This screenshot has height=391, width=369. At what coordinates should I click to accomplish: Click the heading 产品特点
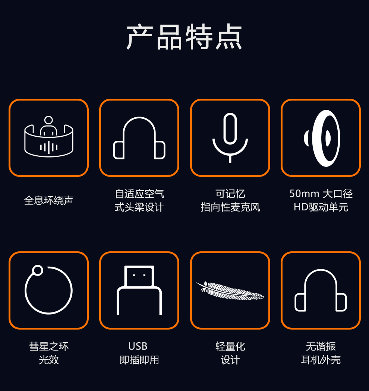click(184, 37)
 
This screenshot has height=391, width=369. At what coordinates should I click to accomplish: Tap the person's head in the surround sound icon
click(48, 120)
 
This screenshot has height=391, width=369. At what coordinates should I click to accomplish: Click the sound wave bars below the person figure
click(49, 147)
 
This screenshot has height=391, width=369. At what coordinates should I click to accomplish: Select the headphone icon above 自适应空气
click(139, 138)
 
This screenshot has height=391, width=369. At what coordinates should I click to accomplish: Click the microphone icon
click(230, 138)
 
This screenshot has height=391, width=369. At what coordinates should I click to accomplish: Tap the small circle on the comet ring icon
click(38, 270)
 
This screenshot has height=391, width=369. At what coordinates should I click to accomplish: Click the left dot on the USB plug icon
click(134, 275)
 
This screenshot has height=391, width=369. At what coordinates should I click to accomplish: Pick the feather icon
click(230, 290)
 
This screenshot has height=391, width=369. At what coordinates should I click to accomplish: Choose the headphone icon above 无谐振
click(321, 290)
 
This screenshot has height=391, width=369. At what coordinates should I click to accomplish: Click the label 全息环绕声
click(49, 200)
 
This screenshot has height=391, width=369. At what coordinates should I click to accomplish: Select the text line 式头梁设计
click(139, 207)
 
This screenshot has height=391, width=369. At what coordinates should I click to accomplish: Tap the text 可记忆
click(230, 194)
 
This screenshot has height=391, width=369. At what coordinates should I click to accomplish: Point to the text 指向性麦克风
click(230, 207)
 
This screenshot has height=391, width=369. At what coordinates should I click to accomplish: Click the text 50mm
click(305, 194)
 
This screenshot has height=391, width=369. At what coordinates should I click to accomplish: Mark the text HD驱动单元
click(321, 207)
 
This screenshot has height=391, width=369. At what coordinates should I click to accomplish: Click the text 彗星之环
click(49, 346)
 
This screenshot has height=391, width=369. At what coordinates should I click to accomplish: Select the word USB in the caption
click(138, 346)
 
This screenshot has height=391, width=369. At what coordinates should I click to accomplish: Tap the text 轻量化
click(230, 346)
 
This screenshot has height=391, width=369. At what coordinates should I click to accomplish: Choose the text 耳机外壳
click(321, 360)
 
